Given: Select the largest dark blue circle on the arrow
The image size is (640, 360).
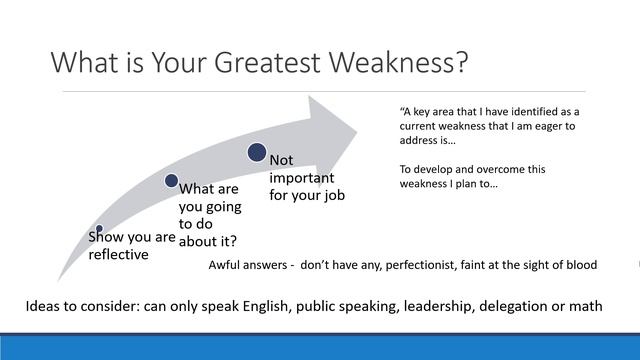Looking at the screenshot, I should pyautogui.click(x=257, y=152).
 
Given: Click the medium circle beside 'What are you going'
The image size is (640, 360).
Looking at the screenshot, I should pyautogui.click(x=171, y=181).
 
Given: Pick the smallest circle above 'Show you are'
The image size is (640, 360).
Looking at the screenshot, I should pyautogui.click(x=99, y=229).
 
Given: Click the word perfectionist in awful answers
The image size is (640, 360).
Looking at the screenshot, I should pyautogui.click(x=440, y=266).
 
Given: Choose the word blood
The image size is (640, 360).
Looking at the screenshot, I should pyautogui.click(x=578, y=266).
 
